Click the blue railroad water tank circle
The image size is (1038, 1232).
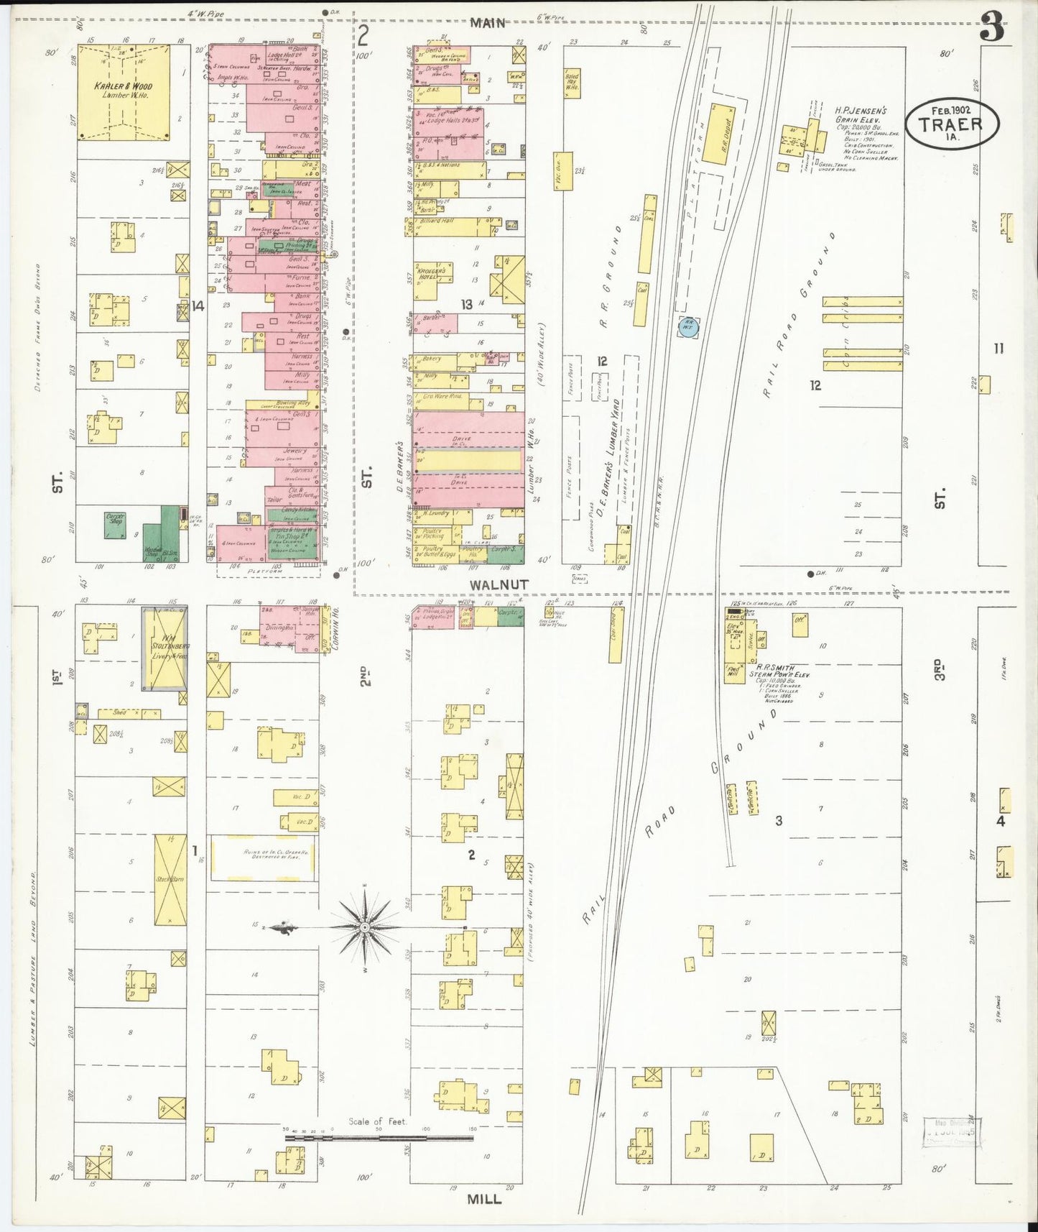(x=687, y=326)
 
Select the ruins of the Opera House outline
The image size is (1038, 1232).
(x=263, y=858)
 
